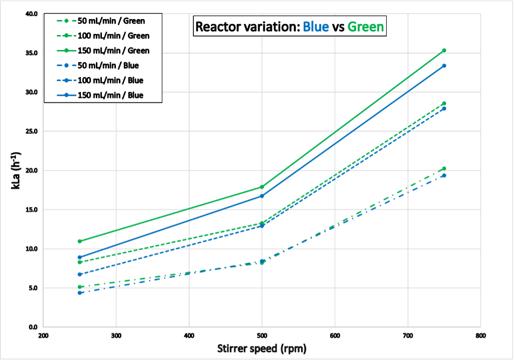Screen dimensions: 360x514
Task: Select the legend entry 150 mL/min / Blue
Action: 110,95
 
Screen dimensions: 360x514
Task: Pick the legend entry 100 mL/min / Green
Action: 113,36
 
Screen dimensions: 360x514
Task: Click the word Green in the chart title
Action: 366,27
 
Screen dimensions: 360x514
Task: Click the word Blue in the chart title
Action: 316,27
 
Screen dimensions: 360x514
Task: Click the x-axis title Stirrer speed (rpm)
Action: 262,348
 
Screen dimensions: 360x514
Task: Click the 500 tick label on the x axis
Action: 262,336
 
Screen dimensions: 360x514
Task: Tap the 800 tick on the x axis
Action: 481,336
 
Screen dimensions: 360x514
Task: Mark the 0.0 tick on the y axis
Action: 33,327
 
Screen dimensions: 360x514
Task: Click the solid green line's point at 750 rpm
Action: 444,50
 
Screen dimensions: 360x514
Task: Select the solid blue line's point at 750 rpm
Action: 444,65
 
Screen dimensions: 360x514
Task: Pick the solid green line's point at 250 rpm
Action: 80,241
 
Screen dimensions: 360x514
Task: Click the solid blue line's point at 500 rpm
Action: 262,196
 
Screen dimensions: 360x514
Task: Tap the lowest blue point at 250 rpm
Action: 80,292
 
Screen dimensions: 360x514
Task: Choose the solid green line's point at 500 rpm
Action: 262,187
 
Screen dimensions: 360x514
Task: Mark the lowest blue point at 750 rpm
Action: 444,175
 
